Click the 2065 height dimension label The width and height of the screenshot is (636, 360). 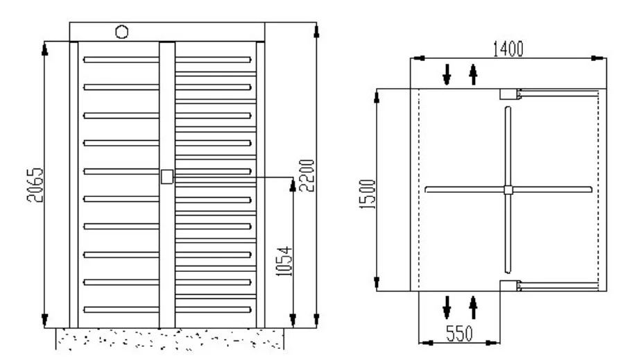[35, 185]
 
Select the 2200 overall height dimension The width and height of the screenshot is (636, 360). [307, 175]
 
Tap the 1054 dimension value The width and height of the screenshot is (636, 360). [284, 262]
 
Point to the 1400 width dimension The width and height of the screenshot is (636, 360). [508, 49]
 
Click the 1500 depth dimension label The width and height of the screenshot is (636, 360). [368, 194]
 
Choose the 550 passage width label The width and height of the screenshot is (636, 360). [460, 334]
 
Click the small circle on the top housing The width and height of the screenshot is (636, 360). [121, 32]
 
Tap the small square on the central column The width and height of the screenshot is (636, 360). [167, 177]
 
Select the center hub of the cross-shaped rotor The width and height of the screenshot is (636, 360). [508, 189]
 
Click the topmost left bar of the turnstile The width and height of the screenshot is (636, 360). [121, 60]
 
